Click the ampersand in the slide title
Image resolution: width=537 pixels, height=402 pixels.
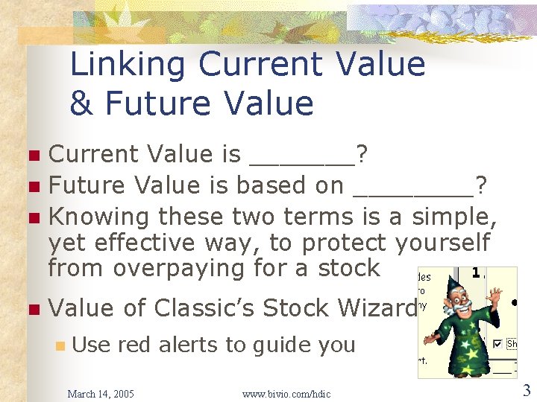pyautogui.click(x=81, y=103)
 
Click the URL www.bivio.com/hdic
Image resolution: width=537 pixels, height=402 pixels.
pyautogui.click(x=286, y=393)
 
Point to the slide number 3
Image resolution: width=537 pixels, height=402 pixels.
pyautogui.click(x=526, y=390)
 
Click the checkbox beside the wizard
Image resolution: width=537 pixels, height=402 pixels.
pyautogui.click(x=497, y=344)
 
